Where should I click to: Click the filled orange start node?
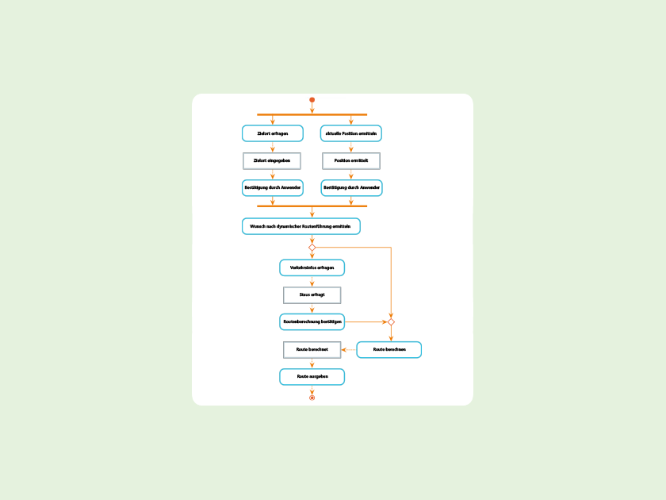tap(312, 100)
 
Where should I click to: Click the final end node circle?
tap(312, 398)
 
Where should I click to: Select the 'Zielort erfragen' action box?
tap(272, 133)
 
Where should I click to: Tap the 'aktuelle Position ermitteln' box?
tap(350, 133)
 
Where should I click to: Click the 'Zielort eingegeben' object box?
tap(272, 160)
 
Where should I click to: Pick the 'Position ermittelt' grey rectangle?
tap(350, 160)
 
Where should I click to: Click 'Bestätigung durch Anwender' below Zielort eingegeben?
tap(272, 188)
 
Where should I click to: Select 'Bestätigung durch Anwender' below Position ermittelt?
tap(350, 188)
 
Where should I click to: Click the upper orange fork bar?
tap(312, 114)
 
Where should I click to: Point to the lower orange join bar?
tap(312, 206)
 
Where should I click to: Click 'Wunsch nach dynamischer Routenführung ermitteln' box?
tap(300, 226)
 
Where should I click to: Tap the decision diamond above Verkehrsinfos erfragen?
tap(312, 248)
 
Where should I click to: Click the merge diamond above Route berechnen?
tap(390, 322)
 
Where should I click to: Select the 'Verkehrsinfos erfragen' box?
tap(312, 267)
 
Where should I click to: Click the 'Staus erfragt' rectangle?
tap(312, 294)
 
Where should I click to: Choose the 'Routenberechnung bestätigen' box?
tap(312, 321)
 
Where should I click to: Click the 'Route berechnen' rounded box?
tap(388, 349)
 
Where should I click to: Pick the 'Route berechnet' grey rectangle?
tap(312, 349)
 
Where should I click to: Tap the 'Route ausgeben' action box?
tap(312, 376)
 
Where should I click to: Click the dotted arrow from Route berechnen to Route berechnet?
tap(349, 349)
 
